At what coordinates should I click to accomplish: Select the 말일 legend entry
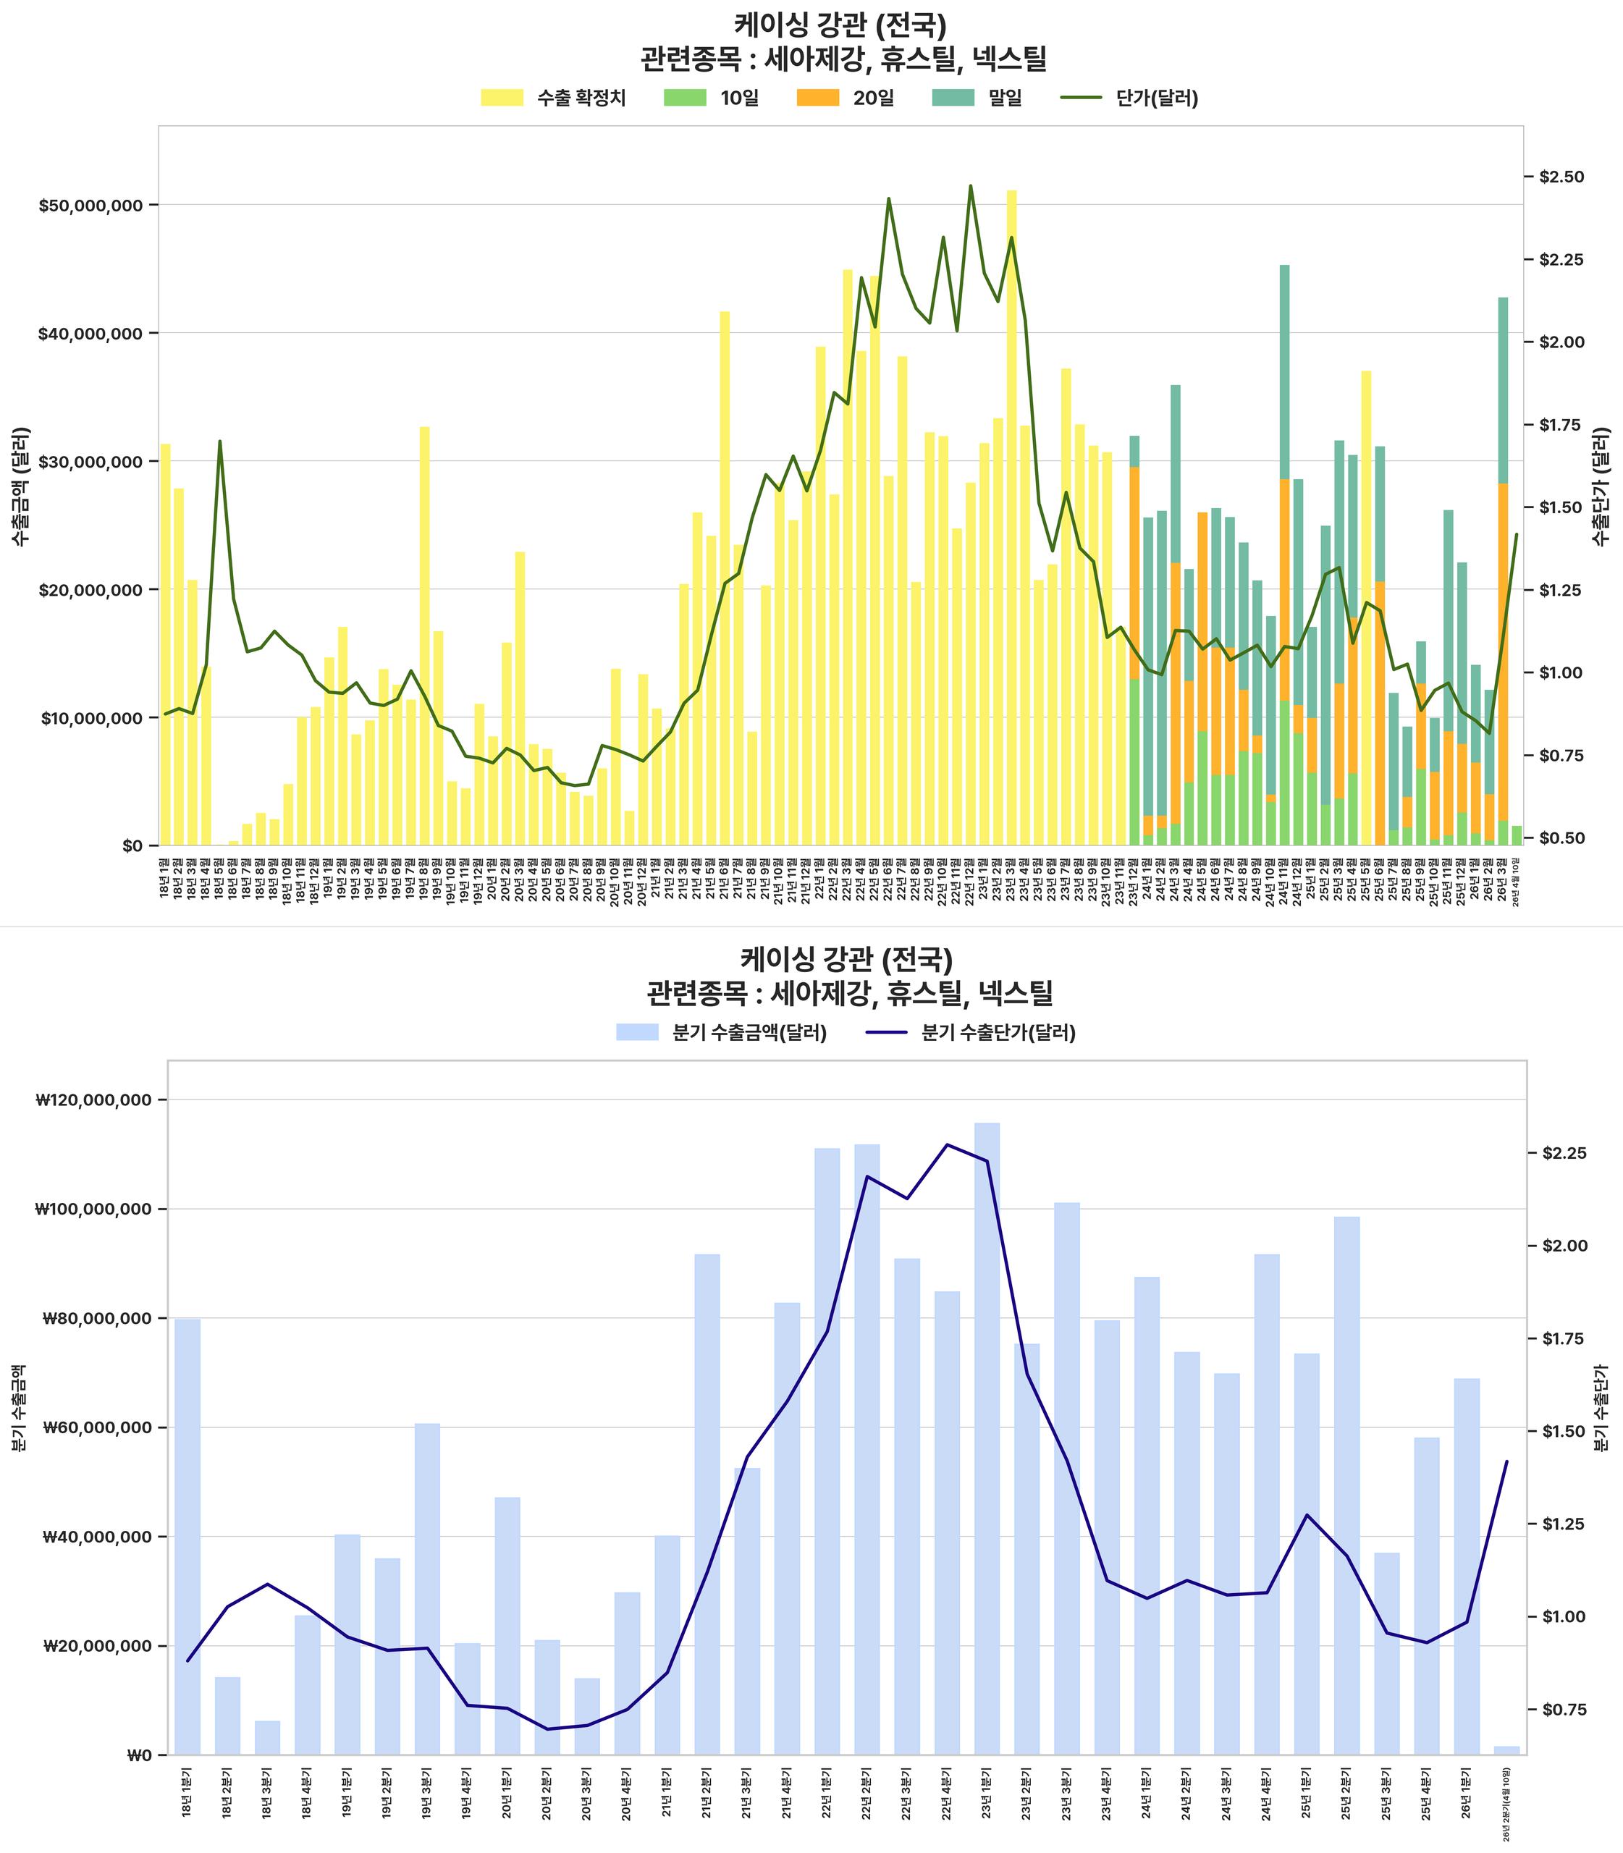point(977,98)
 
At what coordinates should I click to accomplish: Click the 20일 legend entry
point(845,98)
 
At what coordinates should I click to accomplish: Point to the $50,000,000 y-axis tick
point(90,205)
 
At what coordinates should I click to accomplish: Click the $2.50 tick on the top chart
point(1561,177)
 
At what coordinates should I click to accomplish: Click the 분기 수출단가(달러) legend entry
point(971,1032)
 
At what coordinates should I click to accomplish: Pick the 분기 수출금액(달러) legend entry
point(721,1032)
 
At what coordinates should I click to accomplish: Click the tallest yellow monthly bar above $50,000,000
point(1011,516)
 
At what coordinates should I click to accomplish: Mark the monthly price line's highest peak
point(971,186)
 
